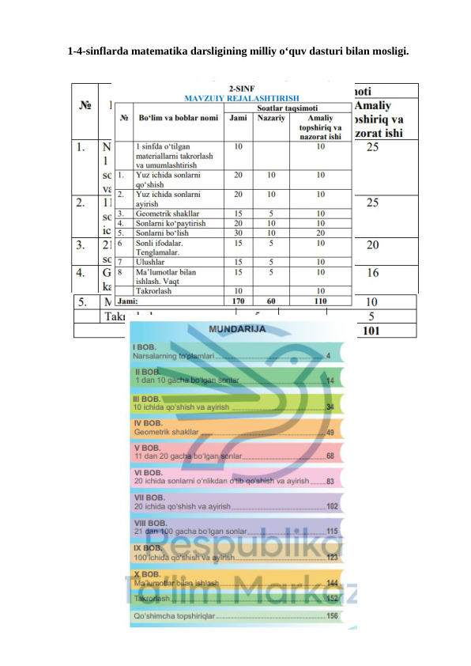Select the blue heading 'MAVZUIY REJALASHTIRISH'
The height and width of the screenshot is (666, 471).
pyautogui.click(x=236, y=99)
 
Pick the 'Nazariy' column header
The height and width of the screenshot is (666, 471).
pyautogui.click(x=271, y=119)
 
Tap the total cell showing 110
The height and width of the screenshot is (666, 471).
pyautogui.click(x=320, y=301)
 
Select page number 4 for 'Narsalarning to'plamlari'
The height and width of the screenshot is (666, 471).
pyautogui.click(x=328, y=356)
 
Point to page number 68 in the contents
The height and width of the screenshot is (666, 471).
pyautogui.click(x=331, y=457)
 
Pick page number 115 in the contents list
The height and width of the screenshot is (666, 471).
pyautogui.click(x=333, y=532)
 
